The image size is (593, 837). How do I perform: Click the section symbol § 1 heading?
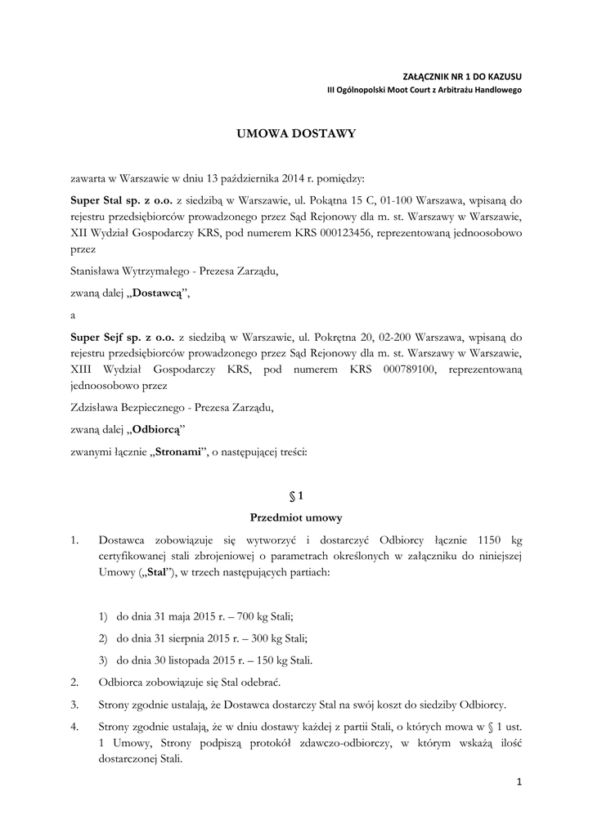[x=296, y=495]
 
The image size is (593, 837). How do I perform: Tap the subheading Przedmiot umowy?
[x=296, y=517]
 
